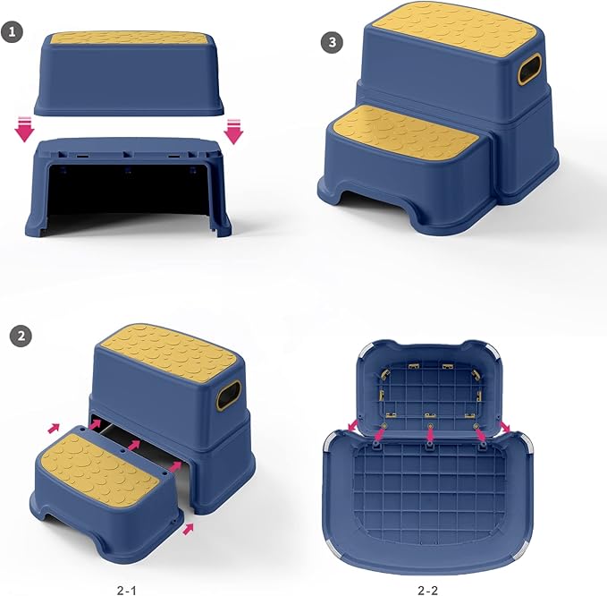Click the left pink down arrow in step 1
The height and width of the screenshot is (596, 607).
coord(25,131)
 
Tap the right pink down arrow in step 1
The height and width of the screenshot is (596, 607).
coord(234,131)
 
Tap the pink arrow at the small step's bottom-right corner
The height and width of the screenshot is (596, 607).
coord(189,530)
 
